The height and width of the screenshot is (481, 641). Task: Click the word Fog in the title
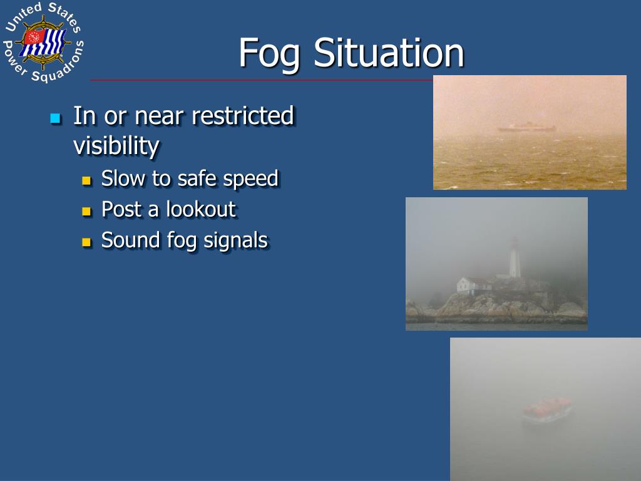coord(270,53)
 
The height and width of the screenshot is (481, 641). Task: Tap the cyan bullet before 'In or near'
coord(55,118)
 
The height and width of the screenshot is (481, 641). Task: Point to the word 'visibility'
coord(116,147)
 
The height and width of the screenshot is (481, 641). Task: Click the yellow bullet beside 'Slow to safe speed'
coord(86,181)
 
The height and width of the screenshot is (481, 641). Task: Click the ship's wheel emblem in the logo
coord(43,43)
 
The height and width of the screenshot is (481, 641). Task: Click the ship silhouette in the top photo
coord(526,127)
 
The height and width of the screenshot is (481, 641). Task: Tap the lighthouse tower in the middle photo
coord(515,258)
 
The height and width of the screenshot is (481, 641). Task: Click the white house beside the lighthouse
coord(474,286)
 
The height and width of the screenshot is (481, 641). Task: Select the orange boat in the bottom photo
coord(546,408)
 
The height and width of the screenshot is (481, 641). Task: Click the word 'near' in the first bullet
coord(161,116)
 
